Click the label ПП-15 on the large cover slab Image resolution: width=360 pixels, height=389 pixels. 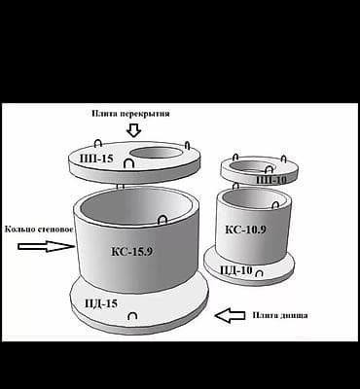click(96, 159)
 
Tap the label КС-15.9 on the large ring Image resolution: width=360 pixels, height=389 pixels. click(131, 252)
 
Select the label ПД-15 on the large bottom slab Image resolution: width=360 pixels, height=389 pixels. click(101, 303)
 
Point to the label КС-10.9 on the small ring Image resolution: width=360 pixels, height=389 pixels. click(245, 230)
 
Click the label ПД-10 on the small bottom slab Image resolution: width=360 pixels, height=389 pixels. click(236, 269)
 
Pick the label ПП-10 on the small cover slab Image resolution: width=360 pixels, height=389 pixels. click(271, 180)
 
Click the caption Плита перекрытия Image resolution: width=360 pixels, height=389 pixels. click(130, 114)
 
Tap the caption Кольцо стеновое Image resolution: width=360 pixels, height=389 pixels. click(39, 230)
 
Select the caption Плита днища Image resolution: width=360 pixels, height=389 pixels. click(280, 315)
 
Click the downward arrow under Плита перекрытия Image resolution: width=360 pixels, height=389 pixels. click(133, 130)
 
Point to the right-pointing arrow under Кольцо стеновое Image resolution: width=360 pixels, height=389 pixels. click(46, 246)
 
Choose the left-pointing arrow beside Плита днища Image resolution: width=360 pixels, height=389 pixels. click(230, 316)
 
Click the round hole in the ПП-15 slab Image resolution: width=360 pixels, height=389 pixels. click(157, 153)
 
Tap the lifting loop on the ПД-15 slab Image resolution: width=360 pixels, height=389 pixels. click(132, 315)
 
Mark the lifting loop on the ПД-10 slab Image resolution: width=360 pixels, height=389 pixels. click(259, 273)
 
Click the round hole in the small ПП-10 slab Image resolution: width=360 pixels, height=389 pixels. click(250, 166)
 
